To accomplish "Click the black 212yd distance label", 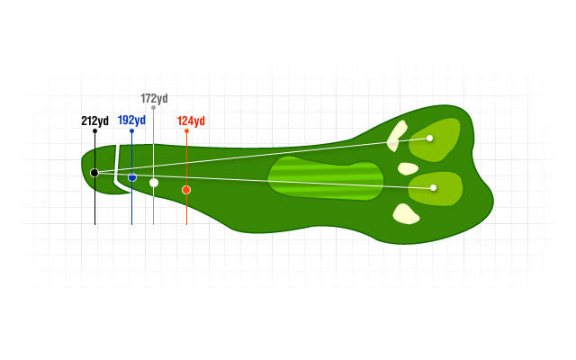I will [94, 121].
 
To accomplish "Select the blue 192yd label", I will [131, 120].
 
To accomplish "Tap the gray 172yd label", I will [154, 98].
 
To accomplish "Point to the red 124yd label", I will [191, 121].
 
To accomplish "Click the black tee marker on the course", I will [94, 172].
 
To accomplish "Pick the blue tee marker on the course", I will [132, 177].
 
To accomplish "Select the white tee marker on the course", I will [154, 183].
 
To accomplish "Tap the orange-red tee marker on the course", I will [186, 190].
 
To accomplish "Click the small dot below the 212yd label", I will [94, 131].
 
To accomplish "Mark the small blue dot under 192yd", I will [131, 131].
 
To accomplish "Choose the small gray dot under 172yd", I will [154, 107].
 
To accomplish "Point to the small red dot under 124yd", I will [186, 131].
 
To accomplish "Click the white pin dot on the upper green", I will [430, 138].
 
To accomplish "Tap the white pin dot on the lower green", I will [434, 187].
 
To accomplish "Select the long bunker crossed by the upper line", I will [396, 135].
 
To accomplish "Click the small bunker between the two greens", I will [408, 168].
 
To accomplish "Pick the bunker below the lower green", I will [406, 213].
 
